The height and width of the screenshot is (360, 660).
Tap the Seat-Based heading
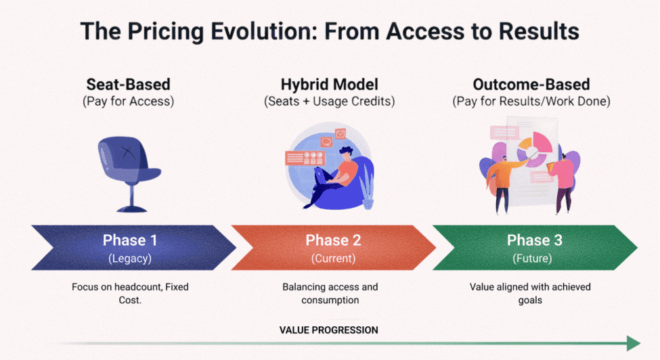[128, 85]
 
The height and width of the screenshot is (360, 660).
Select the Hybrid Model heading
[329, 85]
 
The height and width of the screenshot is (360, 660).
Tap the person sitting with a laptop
[335, 173]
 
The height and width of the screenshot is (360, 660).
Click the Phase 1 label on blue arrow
[131, 240]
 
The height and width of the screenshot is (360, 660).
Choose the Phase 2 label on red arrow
[333, 240]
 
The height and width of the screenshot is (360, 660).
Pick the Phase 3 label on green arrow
[534, 240]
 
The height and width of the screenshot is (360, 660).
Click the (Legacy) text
[130, 258]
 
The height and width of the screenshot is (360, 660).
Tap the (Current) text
[332, 258]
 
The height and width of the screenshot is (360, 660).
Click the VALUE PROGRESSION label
[329, 330]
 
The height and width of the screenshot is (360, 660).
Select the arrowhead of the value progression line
[633, 343]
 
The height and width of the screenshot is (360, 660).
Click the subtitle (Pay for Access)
[128, 102]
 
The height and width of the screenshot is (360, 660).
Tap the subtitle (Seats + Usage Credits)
[329, 102]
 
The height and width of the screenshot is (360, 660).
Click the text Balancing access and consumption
[330, 293]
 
